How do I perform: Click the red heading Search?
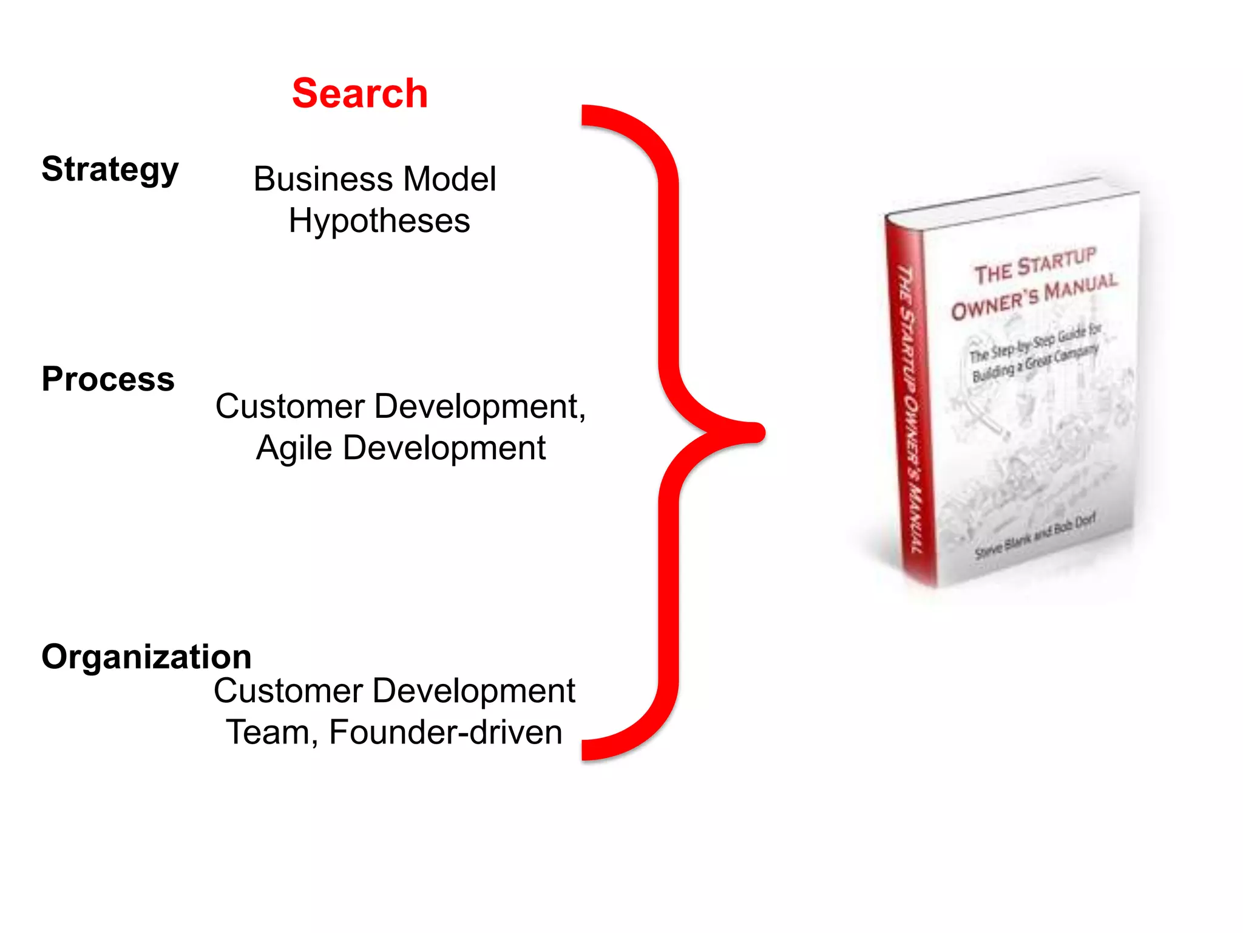[x=360, y=94]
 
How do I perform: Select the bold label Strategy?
[x=110, y=169]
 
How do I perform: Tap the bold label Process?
[x=108, y=379]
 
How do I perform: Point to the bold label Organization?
[x=146, y=657]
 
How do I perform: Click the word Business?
[x=323, y=179]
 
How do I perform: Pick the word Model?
[x=450, y=179]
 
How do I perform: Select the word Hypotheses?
[x=379, y=220]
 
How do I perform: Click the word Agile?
[x=294, y=449]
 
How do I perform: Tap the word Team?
[x=271, y=733]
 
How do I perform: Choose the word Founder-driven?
[x=445, y=733]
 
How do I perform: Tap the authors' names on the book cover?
[x=1035, y=535]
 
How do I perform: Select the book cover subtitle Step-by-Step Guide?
[x=1035, y=344]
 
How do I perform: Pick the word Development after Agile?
[x=444, y=449]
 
